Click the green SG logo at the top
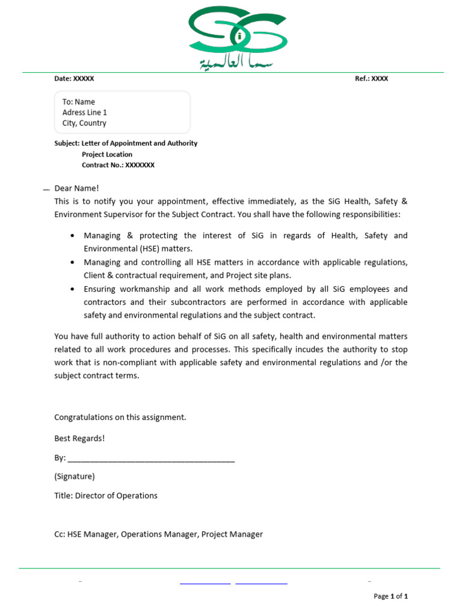click(x=238, y=30)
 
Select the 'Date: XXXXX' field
click(x=74, y=79)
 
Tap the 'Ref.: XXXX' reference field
click(x=371, y=79)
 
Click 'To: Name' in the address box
click(x=79, y=102)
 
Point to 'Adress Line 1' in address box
click(x=85, y=112)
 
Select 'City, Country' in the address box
click(x=84, y=123)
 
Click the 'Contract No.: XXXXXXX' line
click(x=118, y=165)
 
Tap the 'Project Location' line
click(x=107, y=154)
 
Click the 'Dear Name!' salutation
click(x=76, y=188)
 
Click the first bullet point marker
click(x=73, y=236)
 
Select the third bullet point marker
click(x=73, y=289)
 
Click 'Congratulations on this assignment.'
click(x=120, y=417)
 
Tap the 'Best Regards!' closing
click(x=79, y=439)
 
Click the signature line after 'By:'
click(x=151, y=459)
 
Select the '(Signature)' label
click(x=75, y=476)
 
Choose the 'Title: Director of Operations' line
click(x=106, y=496)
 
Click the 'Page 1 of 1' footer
click(x=390, y=596)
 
